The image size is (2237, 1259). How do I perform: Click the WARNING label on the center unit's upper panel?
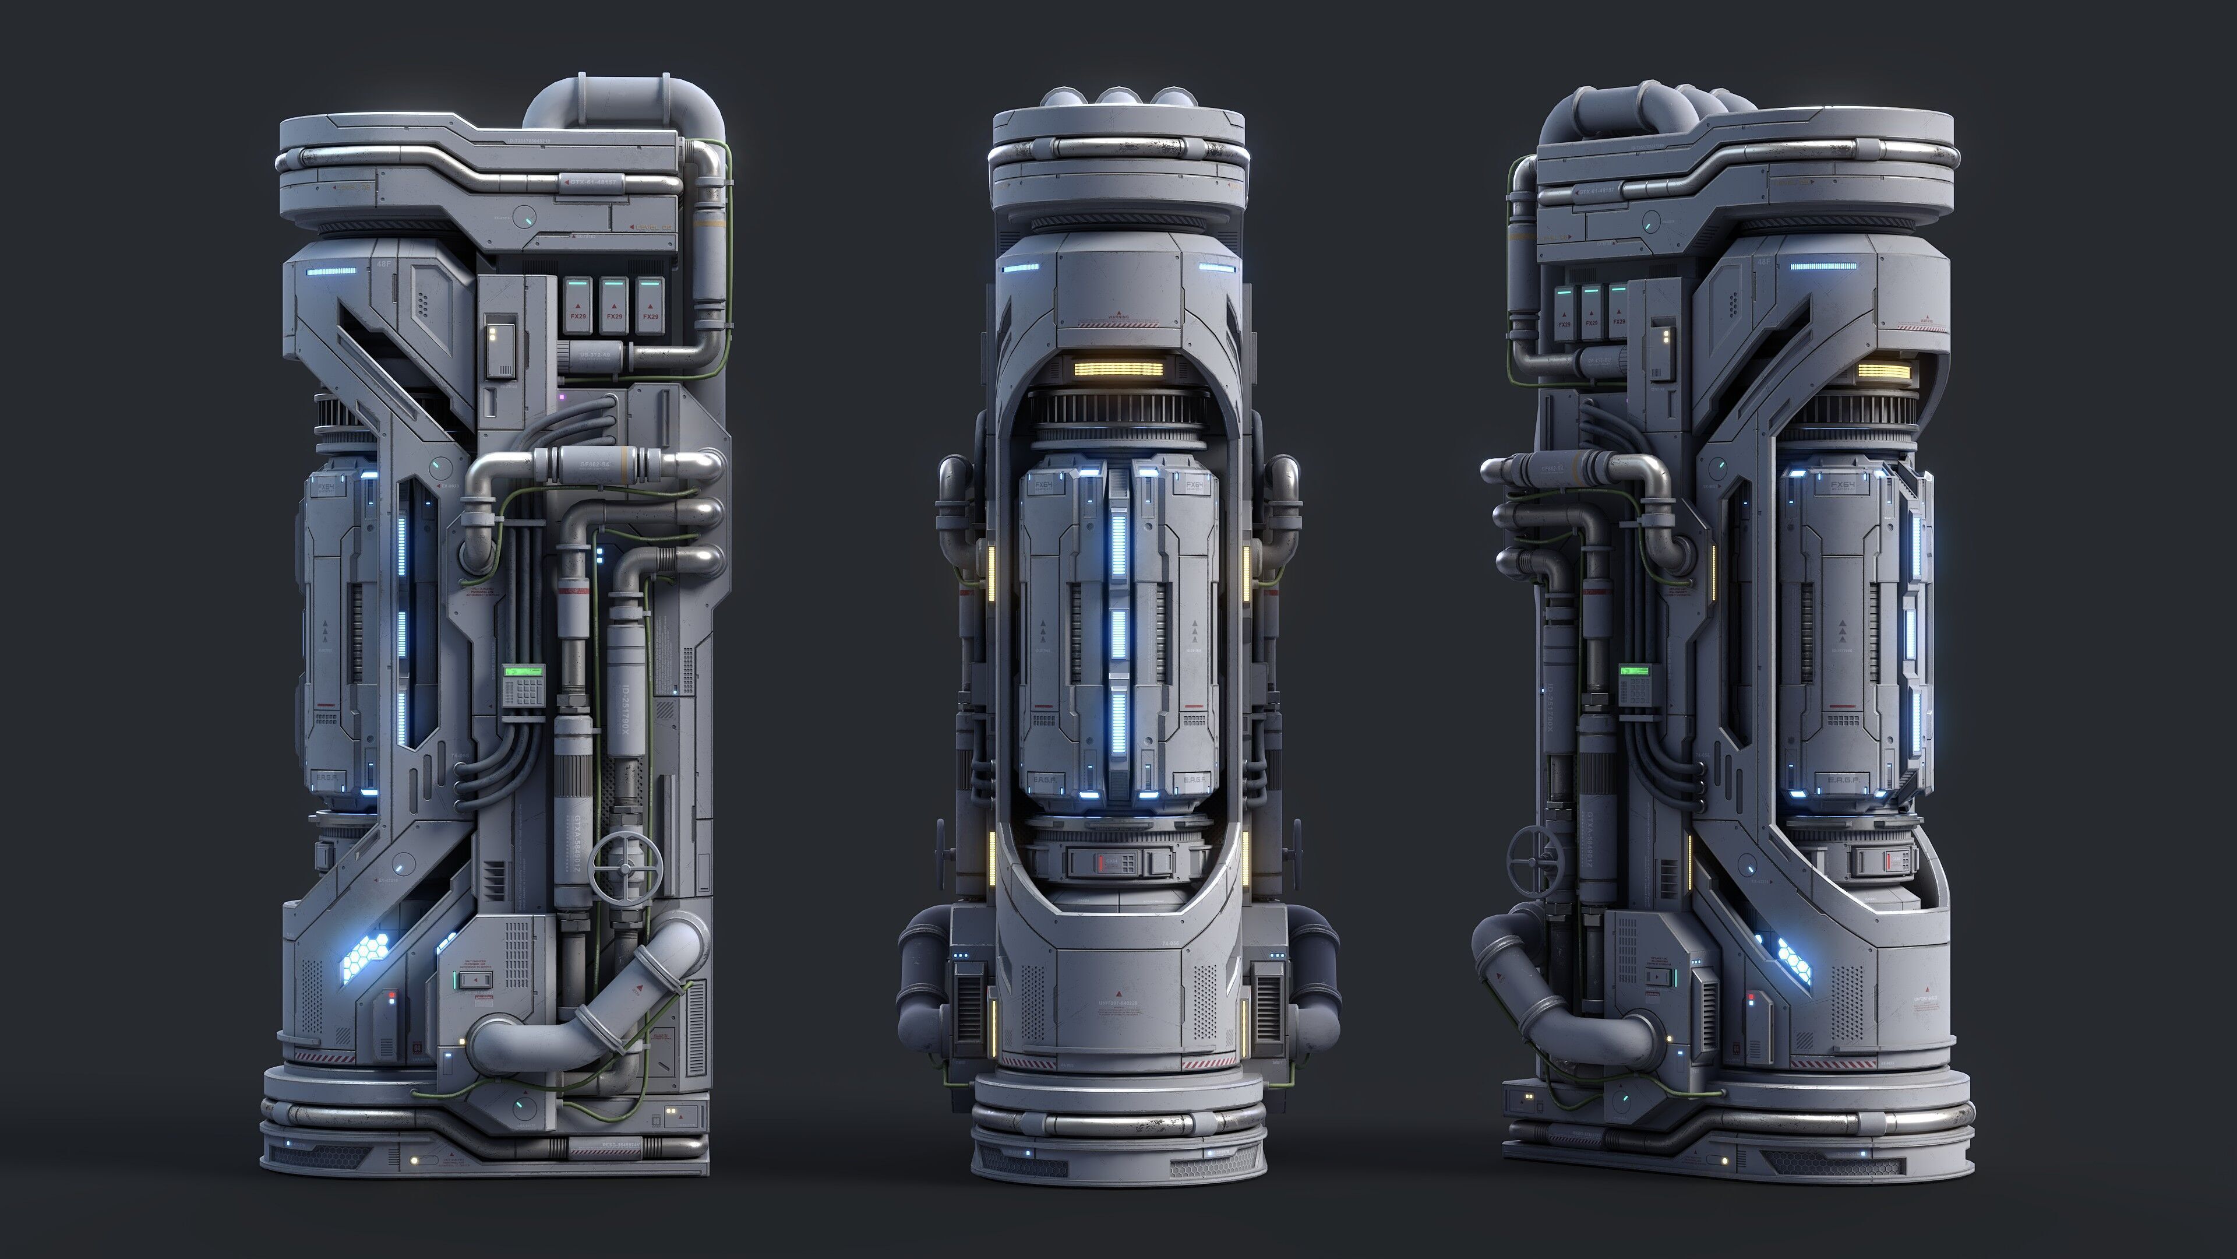(1118, 316)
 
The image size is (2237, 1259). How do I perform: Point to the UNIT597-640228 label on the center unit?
(1118, 1004)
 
